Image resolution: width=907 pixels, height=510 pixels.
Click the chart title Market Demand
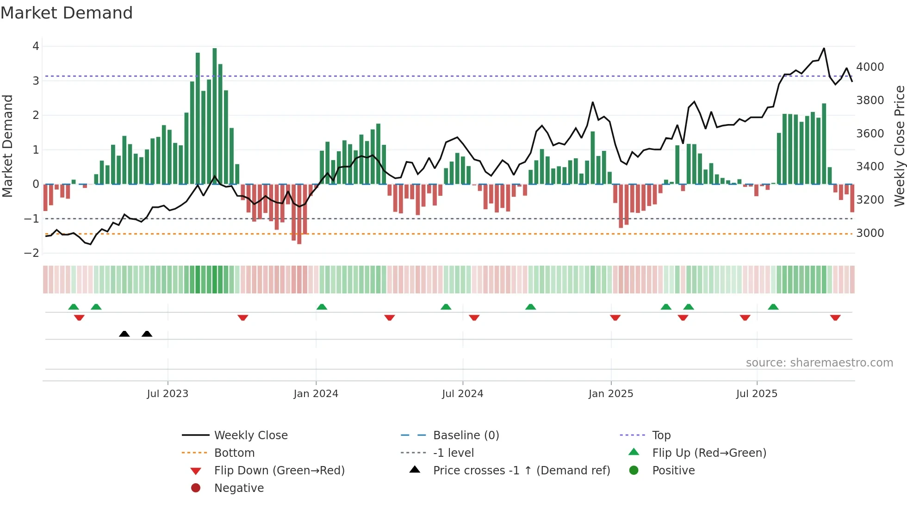click(67, 13)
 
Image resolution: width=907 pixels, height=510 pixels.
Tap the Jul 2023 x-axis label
click(168, 394)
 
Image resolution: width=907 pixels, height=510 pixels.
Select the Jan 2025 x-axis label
click(611, 394)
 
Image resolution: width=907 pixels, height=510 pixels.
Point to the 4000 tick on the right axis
click(870, 67)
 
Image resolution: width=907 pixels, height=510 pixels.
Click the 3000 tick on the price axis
click(870, 233)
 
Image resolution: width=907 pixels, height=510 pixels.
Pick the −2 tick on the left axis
click(31, 253)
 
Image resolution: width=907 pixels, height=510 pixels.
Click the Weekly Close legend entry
click(250, 435)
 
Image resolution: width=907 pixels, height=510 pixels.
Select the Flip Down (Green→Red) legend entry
click(279, 471)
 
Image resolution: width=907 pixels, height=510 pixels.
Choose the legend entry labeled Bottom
click(234, 453)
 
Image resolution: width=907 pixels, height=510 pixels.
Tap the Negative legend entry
click(239, 488)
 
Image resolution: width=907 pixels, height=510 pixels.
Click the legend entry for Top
click(661, 435)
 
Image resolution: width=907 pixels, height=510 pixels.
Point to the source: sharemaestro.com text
click(819, 363)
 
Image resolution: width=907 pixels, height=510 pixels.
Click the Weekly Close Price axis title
click(899, 146)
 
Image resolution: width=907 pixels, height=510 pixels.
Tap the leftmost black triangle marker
click(124, 334)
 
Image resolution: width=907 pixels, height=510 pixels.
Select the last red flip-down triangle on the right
click(835, 318)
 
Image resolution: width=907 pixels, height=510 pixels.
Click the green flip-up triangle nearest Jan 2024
click(322, 307)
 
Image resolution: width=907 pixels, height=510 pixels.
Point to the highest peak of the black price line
click(824, 49)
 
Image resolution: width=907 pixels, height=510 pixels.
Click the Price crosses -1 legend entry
click(521, 471)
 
